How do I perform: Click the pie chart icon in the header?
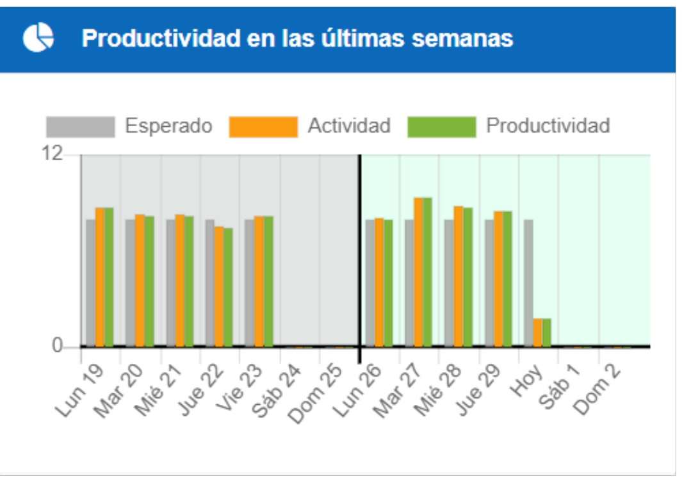point(38,38)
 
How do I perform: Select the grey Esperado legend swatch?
point(80,126)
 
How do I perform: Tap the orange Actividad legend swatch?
point(263,126)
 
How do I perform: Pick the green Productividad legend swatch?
point(442,126)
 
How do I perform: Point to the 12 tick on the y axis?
point(54,154)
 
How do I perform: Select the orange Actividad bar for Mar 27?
point(418,272)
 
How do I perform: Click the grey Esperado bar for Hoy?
point(528,282)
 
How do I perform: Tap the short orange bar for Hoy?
point(537,332)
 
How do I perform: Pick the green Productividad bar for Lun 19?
point(109,277)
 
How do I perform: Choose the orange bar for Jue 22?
point(219,286)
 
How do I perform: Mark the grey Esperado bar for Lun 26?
point(370,282)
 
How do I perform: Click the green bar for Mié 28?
point(468,277)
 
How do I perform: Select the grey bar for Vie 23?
point(249,282)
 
